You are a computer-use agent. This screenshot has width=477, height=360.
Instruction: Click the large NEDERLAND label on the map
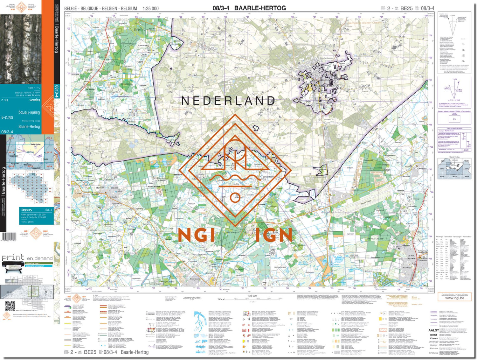click(x=228, y=101)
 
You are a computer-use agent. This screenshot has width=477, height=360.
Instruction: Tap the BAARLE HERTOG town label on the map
click(x=329, y=86)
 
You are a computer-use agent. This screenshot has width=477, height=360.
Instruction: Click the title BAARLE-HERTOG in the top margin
click(x=260, y=8)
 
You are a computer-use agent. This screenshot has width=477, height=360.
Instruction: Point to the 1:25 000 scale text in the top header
click(x=150, y=9)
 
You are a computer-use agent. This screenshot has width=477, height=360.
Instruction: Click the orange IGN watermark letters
click(x=273, y=235)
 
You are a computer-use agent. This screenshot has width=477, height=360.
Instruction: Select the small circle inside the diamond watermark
click(x=235, y=197)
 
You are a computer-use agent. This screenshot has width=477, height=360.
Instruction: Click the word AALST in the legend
click(x=433, y=330)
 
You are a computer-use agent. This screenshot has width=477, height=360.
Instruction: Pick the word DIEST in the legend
click(x=433, y=335)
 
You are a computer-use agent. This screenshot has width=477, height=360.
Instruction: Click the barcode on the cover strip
click(x=9, y=236)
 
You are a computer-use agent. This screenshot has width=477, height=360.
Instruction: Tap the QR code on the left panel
click(x=10, y=306)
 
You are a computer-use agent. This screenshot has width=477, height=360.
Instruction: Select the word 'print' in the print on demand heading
click(x=13, y=258)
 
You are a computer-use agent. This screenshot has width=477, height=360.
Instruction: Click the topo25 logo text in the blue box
click(x=27, y=210)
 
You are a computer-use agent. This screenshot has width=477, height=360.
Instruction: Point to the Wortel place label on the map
click(x=100, y=188)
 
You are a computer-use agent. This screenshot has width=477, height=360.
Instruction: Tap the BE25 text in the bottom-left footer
click(x=90, y=352)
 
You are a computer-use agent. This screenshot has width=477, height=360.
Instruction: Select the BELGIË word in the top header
click(x=71, y=9)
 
